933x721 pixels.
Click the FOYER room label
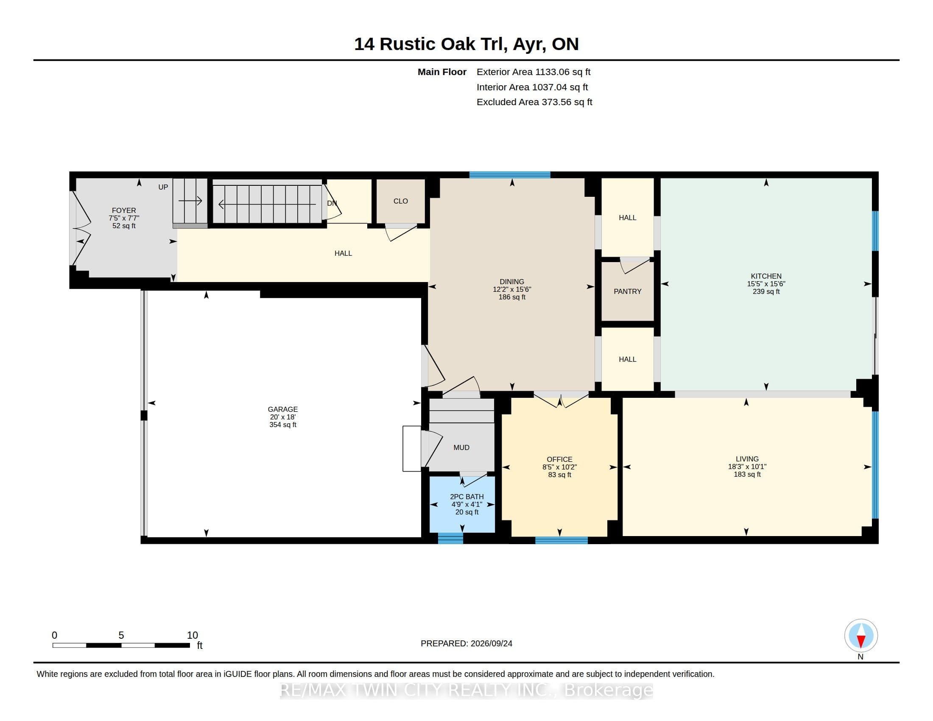point(124,210)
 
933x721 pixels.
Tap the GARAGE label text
point(283,409)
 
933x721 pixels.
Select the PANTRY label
point(628,291)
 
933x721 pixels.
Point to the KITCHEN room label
point(766,276)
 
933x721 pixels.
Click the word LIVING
point(747,459)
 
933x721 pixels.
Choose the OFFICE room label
point(560,459)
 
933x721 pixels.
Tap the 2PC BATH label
point(467,496)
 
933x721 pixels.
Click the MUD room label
point(461,447)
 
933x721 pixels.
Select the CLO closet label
point(401,201)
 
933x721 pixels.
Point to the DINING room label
point(512,282)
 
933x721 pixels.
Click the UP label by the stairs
point(163,187)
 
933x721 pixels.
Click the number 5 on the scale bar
point(121,635)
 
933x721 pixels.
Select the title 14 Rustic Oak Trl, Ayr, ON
point(466,44)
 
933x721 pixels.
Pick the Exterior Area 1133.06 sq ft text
point(534,72)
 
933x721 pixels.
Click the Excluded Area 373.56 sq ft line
point(534,102)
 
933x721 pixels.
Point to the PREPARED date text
point(466,643)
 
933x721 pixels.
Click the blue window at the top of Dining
point(510,175)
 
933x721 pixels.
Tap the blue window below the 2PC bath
point(450,538)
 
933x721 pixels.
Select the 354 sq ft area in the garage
point(283,425)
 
